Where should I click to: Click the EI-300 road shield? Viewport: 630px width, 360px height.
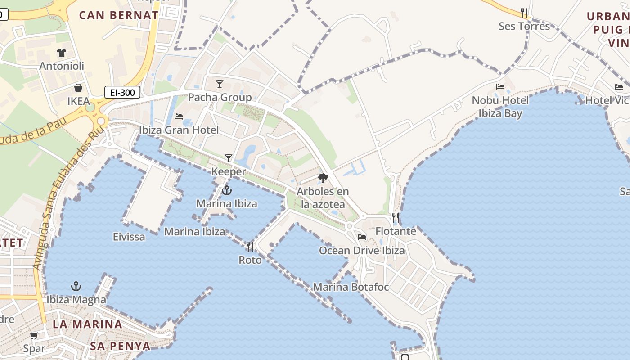tap(122, 93)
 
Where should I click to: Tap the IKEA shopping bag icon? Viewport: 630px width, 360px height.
tap(78, 88)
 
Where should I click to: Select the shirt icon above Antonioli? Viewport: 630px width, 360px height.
tap(61, 53)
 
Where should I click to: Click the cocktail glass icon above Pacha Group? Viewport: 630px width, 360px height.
tap(220, 84)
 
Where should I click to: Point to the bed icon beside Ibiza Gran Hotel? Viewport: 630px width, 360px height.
tap(179, 117)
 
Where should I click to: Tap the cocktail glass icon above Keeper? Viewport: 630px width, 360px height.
tap(229, 158)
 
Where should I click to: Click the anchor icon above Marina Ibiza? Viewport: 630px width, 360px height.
tap(227, 190)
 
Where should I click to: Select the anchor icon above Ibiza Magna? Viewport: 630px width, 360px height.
tap(76, 286)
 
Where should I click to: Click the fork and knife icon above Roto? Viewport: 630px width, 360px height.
tap(250, 247)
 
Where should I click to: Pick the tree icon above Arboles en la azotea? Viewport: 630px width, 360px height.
tap(323, 178)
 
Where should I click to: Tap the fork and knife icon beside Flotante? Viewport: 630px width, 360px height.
tap(396, 218)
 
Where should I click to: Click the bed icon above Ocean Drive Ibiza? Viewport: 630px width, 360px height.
tap(362, 237)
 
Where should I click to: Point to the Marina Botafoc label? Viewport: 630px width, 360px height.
tap(351, 287)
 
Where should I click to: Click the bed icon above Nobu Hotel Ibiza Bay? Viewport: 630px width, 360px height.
tap(500, 87)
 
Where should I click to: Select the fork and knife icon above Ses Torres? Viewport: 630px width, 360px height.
tap(524, 13)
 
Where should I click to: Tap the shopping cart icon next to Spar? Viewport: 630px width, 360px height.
tap(34, 335)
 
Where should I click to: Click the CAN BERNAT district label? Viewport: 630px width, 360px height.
tap(119, 15)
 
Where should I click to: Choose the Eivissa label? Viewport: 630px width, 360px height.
tap(129, 237)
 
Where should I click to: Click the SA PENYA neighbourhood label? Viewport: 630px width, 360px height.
tap(120, 346)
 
